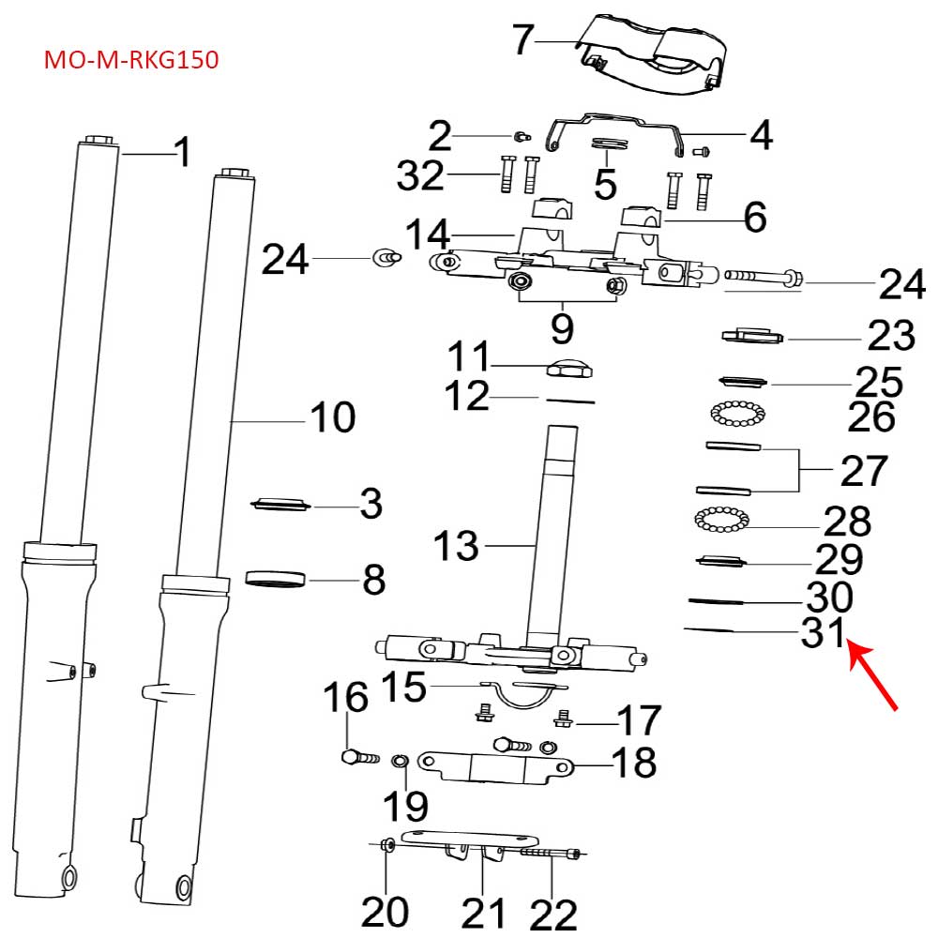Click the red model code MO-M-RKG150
coord(131,61)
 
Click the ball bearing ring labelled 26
coord(738,412)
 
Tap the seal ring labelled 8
coord(276,579)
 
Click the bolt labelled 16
coord(358,754)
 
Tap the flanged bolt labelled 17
coord(564,719)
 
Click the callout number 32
coord(419,174)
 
